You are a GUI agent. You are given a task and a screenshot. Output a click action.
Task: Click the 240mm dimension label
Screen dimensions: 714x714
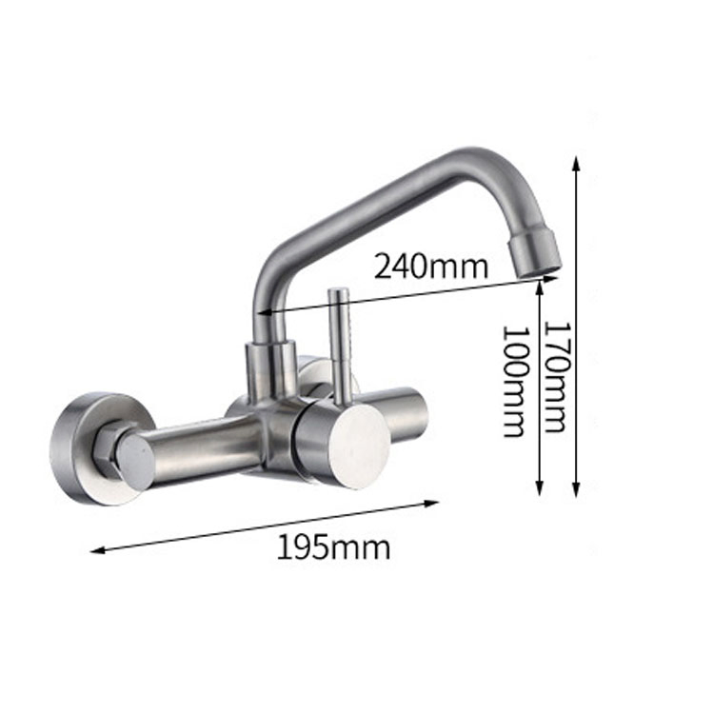(x=430, y=265)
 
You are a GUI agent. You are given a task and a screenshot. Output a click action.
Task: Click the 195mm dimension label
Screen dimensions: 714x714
(x=333, y=547)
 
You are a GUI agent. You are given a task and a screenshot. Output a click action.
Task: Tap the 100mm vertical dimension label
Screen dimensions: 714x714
(x=515, y=381)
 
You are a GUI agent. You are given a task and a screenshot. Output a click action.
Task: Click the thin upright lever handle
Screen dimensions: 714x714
(x=338, y=343)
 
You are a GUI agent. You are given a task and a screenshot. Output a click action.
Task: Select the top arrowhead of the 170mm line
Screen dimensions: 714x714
(x=576, y=161)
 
